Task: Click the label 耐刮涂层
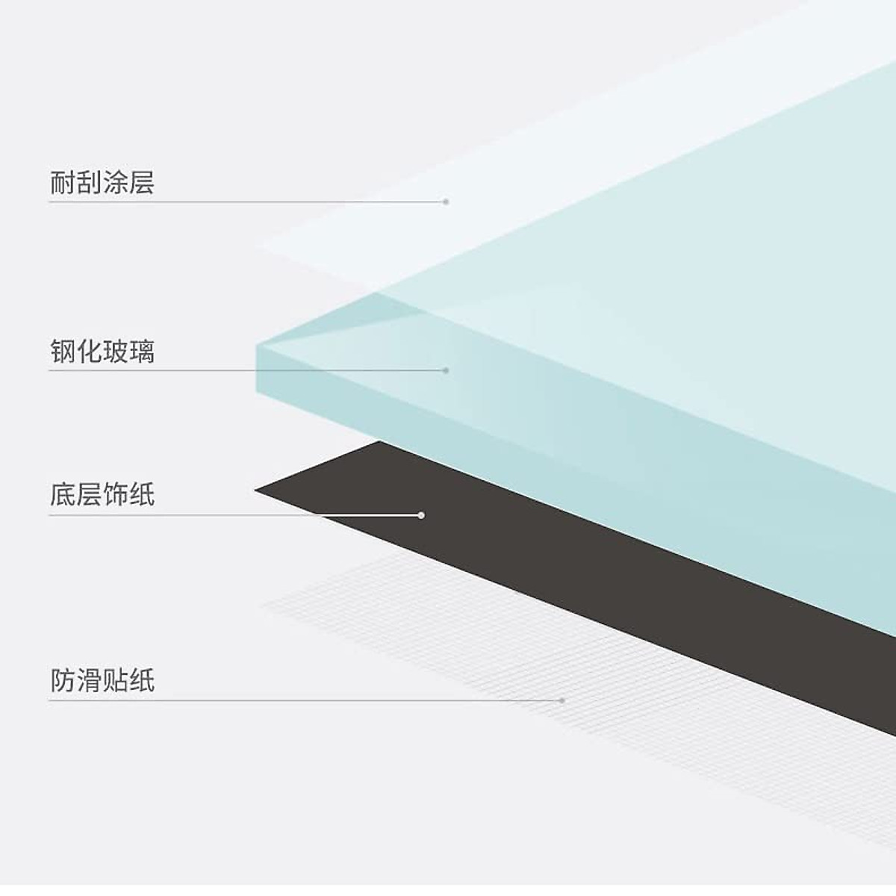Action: [x=102, y=182]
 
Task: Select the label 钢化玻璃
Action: [x=102, y=351]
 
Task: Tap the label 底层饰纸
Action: [x=102, y=494]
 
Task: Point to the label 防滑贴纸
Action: [x=102, y=680]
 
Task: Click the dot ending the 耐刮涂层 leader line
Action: [x=447, y=202]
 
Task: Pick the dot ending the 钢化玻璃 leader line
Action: [x=447, y=370]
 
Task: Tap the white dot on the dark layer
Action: [x=421, y=515]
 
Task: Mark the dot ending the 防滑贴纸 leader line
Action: [x=562, y=700]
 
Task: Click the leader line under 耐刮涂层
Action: [x=246, y=202]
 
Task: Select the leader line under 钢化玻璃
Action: [x=246, y=370]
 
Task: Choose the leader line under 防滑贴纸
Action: [x=299, y=700]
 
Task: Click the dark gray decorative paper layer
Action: [x=523, y=538]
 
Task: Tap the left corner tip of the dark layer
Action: [x=258, y=490]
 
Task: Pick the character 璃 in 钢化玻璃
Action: [x=142, y=351]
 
